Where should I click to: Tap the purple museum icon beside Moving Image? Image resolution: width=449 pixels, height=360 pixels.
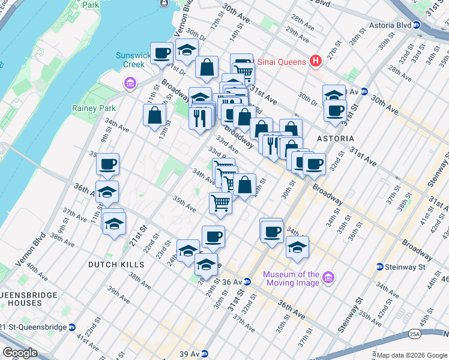328,278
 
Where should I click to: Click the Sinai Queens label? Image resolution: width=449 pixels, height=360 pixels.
282,61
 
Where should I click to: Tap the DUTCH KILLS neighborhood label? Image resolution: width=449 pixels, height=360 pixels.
116,265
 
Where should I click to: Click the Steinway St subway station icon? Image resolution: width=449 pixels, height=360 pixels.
380,266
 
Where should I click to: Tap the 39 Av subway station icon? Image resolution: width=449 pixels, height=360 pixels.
205,353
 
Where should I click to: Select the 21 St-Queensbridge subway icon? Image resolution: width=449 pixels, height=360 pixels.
72,327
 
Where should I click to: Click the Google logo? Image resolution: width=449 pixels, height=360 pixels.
20,353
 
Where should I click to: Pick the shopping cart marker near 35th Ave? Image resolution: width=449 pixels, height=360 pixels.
220,203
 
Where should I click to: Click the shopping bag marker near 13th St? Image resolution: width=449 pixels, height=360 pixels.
154,115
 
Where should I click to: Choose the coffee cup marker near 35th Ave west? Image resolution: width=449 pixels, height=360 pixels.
107,164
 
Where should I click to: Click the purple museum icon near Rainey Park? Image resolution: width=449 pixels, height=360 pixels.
129,83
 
